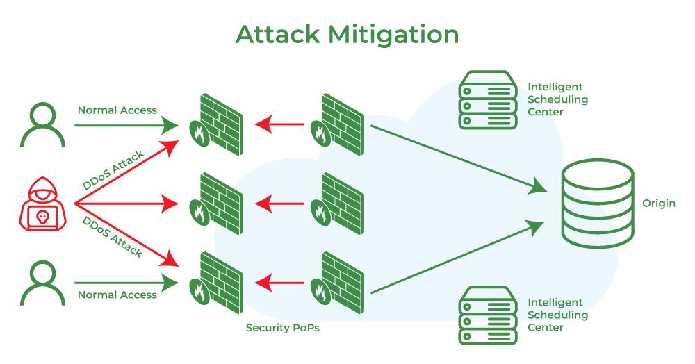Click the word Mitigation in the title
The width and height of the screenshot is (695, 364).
point(393,35)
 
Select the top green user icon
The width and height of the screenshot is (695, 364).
point(42,124)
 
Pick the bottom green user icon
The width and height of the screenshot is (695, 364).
point(42,283)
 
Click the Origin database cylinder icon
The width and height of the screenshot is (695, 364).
point(598,204)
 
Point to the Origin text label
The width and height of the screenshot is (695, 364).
point(659,204)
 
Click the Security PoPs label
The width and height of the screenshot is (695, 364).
point(282,328)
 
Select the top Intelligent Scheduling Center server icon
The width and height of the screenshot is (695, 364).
point(488,100)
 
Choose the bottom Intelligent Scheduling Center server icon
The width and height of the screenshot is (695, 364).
point(488,315)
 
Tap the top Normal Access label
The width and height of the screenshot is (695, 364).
point(117,110)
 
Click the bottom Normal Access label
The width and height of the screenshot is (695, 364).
point(117,295)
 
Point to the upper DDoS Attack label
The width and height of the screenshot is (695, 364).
point(113,169)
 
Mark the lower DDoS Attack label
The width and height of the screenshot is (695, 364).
point(113,237)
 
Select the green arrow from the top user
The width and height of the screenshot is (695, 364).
point(126,125)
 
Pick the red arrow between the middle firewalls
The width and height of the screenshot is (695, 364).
point(279,204)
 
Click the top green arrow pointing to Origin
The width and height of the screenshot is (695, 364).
point(458,159)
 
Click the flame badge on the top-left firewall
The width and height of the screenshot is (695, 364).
point(199,133)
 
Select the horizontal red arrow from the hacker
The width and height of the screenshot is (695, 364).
point(126,204)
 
